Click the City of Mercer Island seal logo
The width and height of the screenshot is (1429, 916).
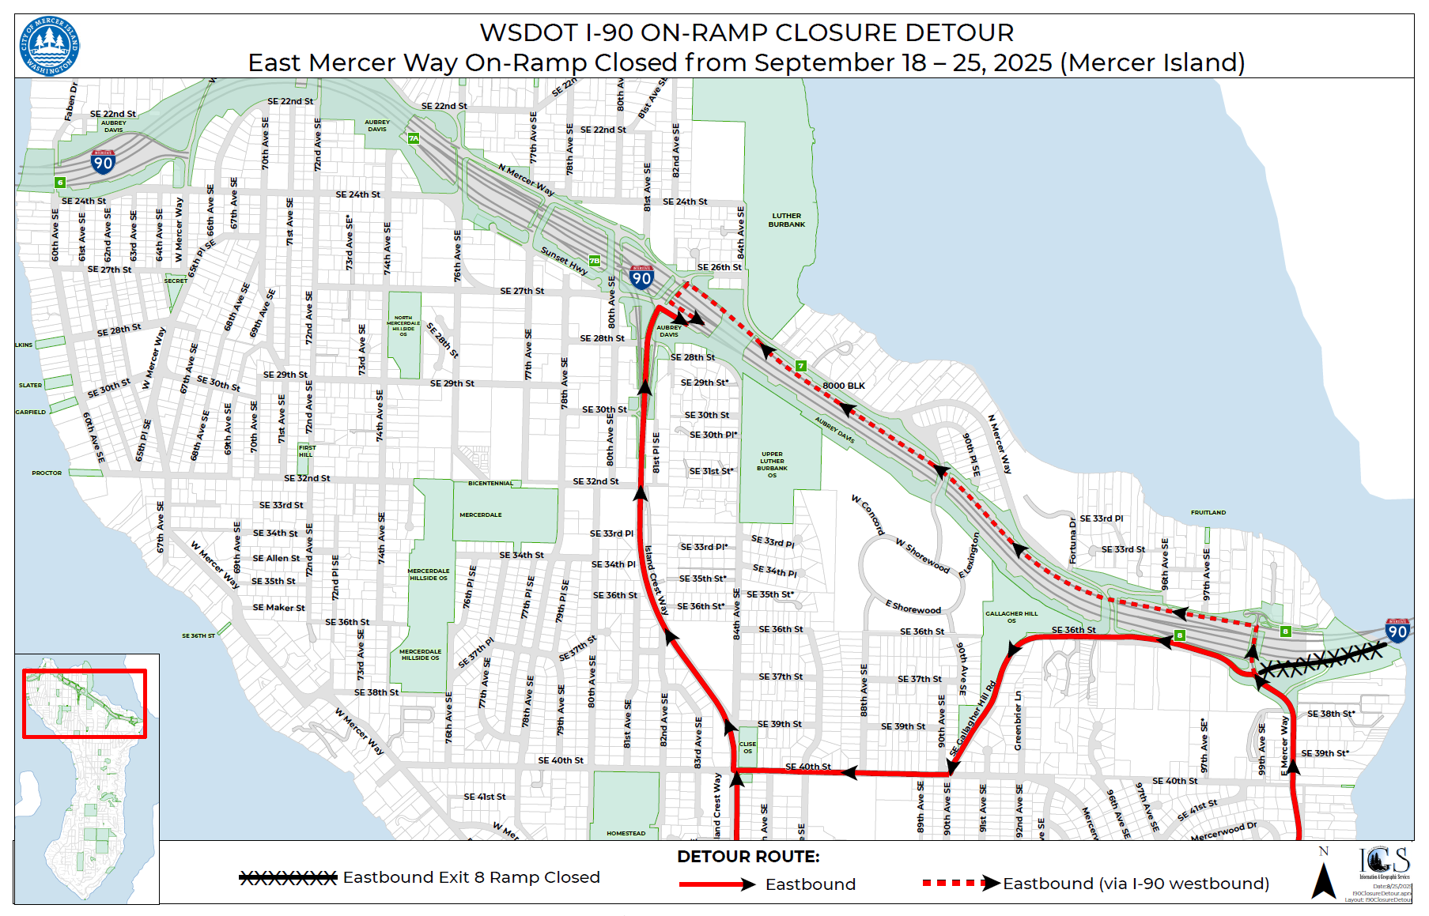point(49,46)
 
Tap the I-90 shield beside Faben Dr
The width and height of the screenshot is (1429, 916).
point(104,162)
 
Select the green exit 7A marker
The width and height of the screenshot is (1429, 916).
point(414,138)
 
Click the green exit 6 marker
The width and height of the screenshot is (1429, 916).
point(60,183)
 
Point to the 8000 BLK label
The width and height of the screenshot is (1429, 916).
point(844,386)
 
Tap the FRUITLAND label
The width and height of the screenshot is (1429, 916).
point(1208,513)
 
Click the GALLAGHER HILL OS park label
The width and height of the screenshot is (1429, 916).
point(1011,616)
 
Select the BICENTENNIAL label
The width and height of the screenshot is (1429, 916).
point(490,483)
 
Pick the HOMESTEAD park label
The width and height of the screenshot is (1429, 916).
point(626,833)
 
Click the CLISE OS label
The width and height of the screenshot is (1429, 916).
point(747,747)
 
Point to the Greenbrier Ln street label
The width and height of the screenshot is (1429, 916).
point(1019,720)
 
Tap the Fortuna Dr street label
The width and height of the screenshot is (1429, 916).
point(1073,541)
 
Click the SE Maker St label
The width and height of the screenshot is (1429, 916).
point(278,608)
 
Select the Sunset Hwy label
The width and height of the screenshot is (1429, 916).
point(564,260)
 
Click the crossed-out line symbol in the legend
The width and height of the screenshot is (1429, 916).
point(288,877)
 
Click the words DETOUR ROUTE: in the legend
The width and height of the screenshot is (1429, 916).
point(748,857)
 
